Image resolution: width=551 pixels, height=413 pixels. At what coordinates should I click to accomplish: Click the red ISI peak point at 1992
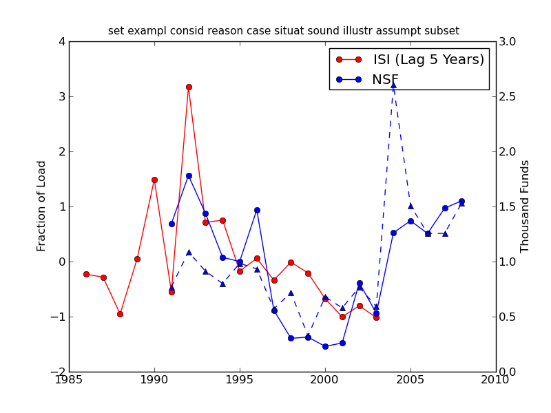point(189,87)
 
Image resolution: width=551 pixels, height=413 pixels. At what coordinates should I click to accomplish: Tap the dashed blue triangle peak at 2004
point(393,85)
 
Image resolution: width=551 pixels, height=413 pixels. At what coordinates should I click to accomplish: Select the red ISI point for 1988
point(120,314)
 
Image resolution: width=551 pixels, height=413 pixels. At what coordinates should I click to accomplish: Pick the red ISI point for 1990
point(154,180)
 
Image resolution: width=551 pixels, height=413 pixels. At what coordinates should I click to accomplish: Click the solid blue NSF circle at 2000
point(325,346)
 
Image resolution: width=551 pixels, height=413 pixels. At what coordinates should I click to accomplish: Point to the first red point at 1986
point(86,274)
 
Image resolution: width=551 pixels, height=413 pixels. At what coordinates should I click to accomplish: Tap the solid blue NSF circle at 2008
point(461,201)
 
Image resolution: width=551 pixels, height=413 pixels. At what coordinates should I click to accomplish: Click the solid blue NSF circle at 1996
point(257,210)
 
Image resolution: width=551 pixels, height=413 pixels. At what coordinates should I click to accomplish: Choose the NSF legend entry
point(385,80)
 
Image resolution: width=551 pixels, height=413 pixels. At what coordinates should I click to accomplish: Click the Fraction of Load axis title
point(42,206)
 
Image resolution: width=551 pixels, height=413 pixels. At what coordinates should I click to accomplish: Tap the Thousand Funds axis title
point(525,206)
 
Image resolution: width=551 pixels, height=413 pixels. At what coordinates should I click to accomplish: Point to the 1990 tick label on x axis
point(154,381)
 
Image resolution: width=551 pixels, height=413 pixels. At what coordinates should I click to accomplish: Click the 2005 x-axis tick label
point(410,381)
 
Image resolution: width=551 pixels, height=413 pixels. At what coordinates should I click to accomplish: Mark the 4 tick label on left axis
point(62,41)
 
